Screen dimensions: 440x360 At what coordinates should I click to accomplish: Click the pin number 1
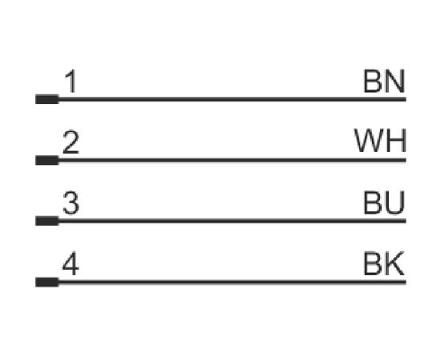click(x=70, y=81)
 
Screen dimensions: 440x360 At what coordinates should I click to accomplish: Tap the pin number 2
click(x=70, y=142)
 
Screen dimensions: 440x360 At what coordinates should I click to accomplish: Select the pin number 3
click(x=70, y=203)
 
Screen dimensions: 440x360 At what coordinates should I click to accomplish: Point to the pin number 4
click(x=70, y=263)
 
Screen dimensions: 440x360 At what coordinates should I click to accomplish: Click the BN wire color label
click(x=384, y=81)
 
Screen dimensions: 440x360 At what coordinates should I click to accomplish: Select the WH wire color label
click(x=380, y=141)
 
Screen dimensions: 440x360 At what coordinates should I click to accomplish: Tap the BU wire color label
click(x=384, y=202)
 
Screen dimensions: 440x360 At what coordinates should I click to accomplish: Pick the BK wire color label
click(x=384, y=263)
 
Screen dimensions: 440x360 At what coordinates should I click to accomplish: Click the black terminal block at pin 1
click(x=47, y=99)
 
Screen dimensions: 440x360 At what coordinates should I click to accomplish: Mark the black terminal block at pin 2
click(x=47, y=160)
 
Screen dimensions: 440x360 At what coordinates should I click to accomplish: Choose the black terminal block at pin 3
click(x=47, y=221)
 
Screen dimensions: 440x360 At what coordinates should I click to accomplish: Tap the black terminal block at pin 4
click(x=47, y=282)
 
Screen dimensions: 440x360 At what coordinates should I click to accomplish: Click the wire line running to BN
click(x=232, y=99)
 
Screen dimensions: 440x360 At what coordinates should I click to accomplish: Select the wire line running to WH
click(x=232, y=160)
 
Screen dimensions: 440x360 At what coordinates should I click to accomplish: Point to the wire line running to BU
click(x=232, y=221)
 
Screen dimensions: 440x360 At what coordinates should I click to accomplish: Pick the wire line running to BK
click(x=232, y=282)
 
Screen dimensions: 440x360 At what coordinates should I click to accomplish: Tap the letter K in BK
click(x=394, y=263)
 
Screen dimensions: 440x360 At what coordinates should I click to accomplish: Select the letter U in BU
click(x=395, y=203)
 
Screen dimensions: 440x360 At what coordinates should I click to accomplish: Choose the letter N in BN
click(x=395, y=81)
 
